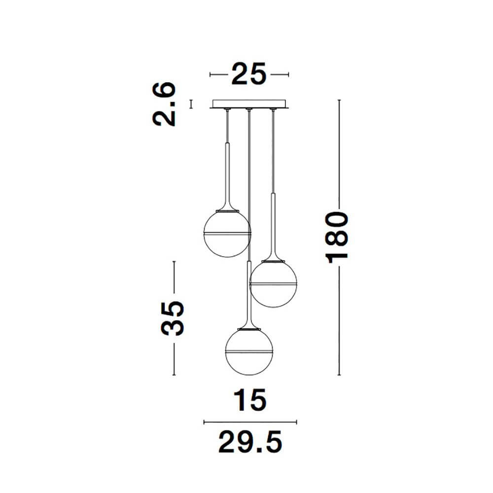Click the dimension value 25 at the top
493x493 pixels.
[248, 74]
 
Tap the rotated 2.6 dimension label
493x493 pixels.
[164, 104]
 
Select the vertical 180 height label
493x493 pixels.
[337, 238]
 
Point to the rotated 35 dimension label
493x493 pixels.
[172, 318]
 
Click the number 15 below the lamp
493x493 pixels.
[250, 400]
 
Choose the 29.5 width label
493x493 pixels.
[250, 442]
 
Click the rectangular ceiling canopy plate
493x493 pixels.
[249, 104]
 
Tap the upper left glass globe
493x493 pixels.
[227, 233]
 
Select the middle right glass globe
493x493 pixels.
[273, 283]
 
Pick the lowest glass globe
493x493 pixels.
[249, 352]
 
